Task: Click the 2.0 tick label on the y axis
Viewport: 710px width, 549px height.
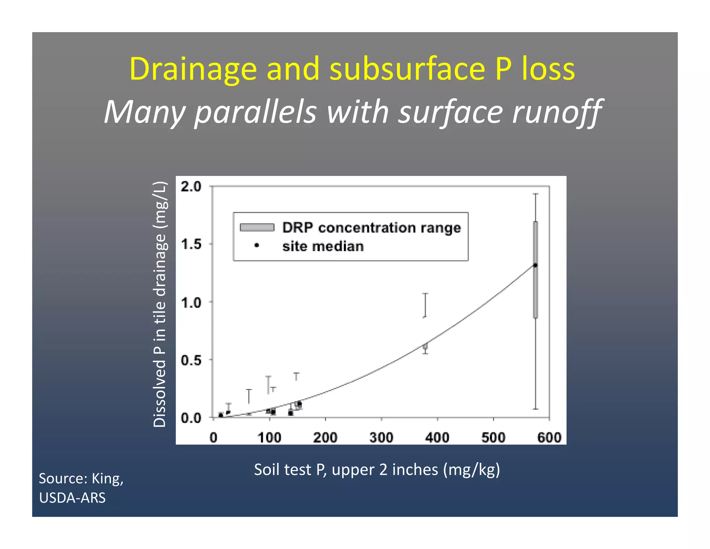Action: pos(191,187)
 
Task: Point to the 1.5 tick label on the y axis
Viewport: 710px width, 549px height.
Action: pos(191,244)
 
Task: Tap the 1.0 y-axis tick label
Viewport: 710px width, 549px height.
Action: pos(191,303)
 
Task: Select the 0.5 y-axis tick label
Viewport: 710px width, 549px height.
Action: pos(191,360)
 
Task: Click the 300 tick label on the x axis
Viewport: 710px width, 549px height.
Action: pos(381,437)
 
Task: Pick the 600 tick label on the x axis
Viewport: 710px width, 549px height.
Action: pos(549,437)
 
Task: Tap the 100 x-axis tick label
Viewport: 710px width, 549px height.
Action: pos(269,437)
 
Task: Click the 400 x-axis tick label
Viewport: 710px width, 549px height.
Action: pos(437,437)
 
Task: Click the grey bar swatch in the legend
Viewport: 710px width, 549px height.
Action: pos(257,227)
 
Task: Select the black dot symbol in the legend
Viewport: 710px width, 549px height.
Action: pos(257,245)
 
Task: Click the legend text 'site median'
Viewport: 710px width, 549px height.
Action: pos(323,246)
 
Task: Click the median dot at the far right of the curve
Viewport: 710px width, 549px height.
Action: pos(535,265)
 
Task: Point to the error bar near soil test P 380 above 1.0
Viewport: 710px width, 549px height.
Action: pos(425,305)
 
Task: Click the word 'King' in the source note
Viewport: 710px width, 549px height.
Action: pos(107,478)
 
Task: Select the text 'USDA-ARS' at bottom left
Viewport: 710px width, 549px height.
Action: pos(72,498)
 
